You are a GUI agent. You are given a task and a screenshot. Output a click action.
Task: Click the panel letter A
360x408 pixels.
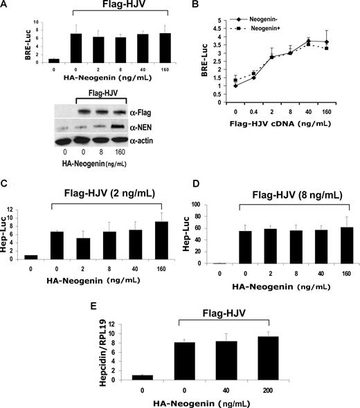pyautogui.click(x=5, y=6)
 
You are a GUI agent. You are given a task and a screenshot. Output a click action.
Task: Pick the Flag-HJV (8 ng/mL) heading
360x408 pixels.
pyautogui.click(x=287, y=182)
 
